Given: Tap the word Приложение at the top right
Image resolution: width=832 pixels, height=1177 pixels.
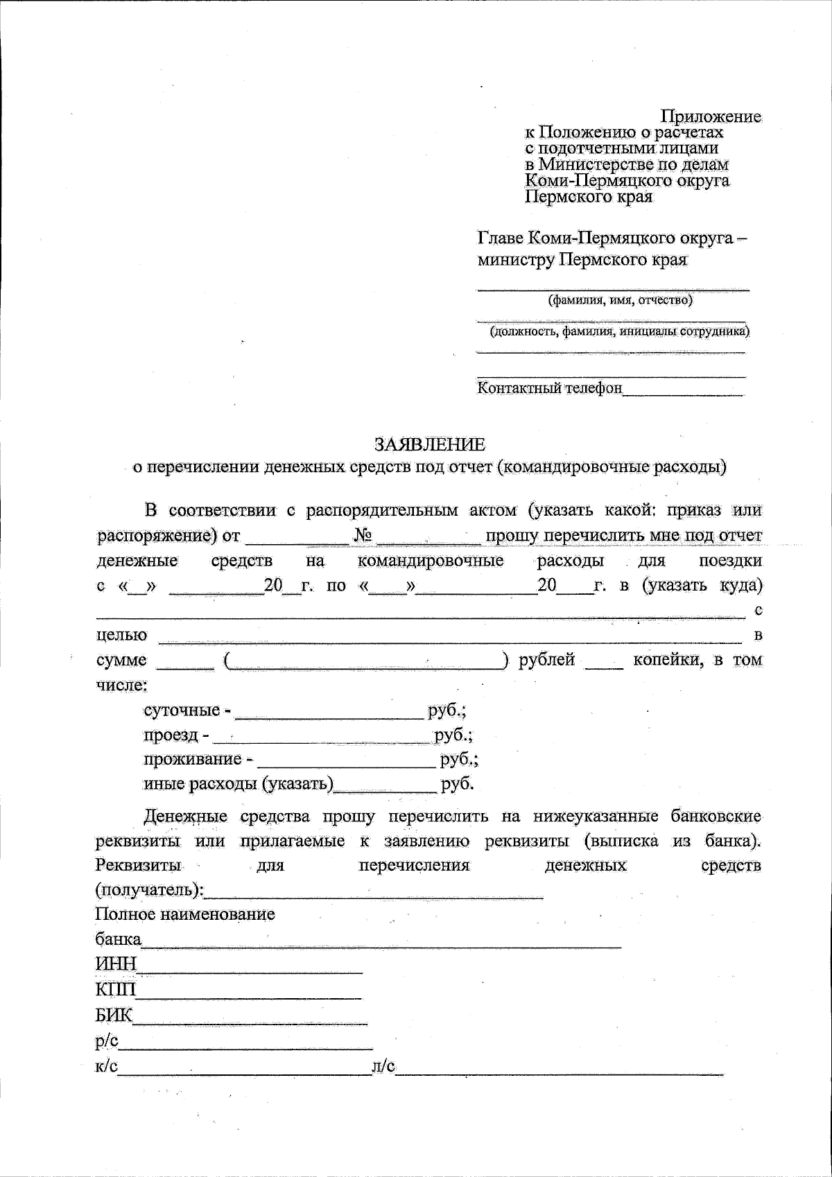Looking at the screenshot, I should coord(711,116).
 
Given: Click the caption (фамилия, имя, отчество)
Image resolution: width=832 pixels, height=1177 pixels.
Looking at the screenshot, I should coord(620,301).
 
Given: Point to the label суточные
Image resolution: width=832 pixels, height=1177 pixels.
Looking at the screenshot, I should coord(182,710).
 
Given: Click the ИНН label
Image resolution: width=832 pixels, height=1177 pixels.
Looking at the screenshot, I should coord(116,965).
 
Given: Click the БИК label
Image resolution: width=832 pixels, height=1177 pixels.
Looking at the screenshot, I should coord(114,1016).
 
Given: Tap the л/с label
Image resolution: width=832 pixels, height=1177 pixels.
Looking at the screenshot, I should coord(383,1067).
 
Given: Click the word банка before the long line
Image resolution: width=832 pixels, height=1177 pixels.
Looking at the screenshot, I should coord(118,940).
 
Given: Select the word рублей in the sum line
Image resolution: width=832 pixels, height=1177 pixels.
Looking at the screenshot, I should coord(547,660).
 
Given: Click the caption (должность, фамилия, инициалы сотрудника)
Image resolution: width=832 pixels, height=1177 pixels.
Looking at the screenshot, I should coord(620,332).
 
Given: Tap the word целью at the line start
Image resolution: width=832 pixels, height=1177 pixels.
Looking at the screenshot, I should coord(121,635).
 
